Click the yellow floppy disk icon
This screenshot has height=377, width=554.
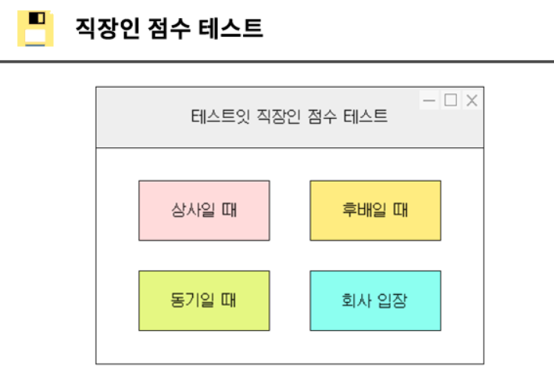35,29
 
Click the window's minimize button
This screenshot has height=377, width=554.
429,100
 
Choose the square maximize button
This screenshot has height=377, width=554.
450,100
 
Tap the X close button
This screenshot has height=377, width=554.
471,100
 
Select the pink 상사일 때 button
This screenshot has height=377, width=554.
204,210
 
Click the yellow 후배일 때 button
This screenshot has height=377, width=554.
375,210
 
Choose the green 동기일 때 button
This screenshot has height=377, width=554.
204,300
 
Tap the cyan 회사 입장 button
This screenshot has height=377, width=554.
375,300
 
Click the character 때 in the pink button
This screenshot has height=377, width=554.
230,210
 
